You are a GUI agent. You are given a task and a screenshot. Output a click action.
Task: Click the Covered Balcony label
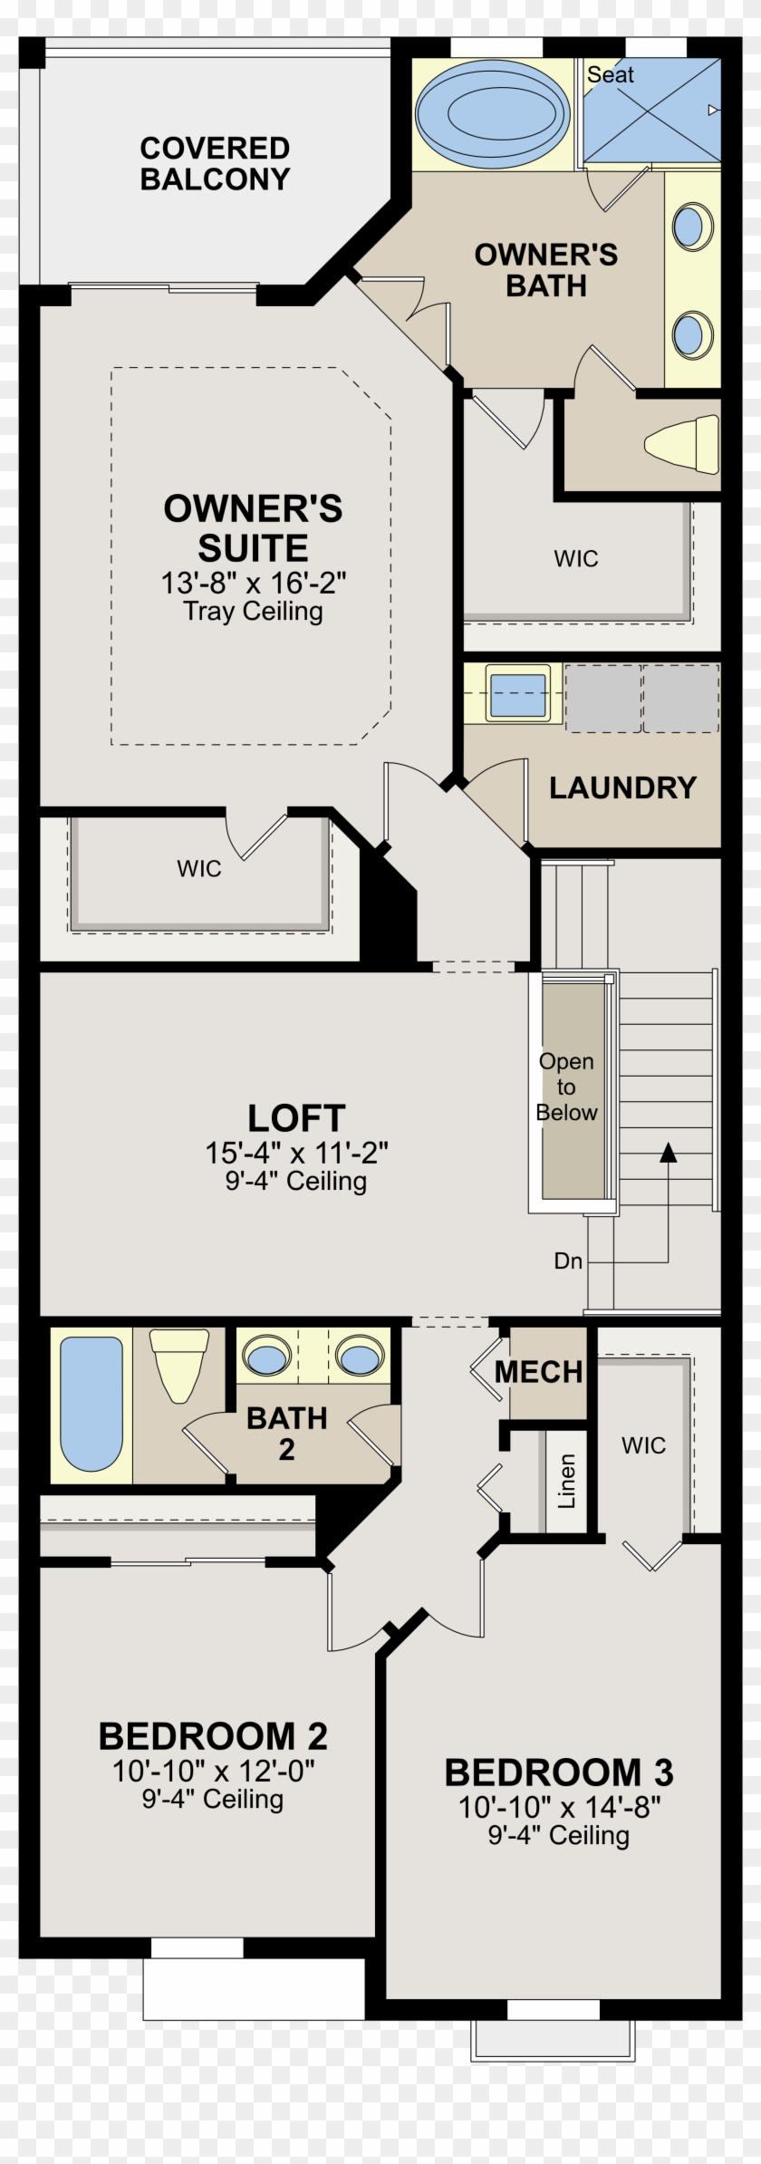tap(215, 163)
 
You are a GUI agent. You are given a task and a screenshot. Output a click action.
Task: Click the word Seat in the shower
tap(610, 75)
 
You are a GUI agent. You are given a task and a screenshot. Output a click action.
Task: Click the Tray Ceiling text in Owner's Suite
tap(253, 612)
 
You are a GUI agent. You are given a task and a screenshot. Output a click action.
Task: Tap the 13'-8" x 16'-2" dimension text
tap(254, 583)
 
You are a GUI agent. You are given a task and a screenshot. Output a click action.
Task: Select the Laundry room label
tap(622, 787)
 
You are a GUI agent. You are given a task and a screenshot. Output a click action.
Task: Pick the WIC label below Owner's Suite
tap(199, 869)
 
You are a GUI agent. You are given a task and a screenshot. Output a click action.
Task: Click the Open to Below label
tap(566, 1087)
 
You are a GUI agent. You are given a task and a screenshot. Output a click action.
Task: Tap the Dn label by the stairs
tap(568, 1261)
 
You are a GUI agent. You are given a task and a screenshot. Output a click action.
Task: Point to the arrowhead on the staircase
tap(669, 1152)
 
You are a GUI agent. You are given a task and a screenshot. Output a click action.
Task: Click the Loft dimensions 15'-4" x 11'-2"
tap(296, 1154)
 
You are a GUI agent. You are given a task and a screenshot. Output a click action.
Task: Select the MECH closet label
tap(538, 1372)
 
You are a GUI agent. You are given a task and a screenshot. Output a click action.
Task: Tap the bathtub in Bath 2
tap(91, 1404)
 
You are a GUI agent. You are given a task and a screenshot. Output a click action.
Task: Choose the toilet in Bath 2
tap(178, 1363)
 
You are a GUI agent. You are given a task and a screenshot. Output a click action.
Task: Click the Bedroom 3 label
tap(559, 1773)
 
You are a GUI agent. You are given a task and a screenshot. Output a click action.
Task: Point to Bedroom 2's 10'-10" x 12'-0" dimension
tap(213, 1771)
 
